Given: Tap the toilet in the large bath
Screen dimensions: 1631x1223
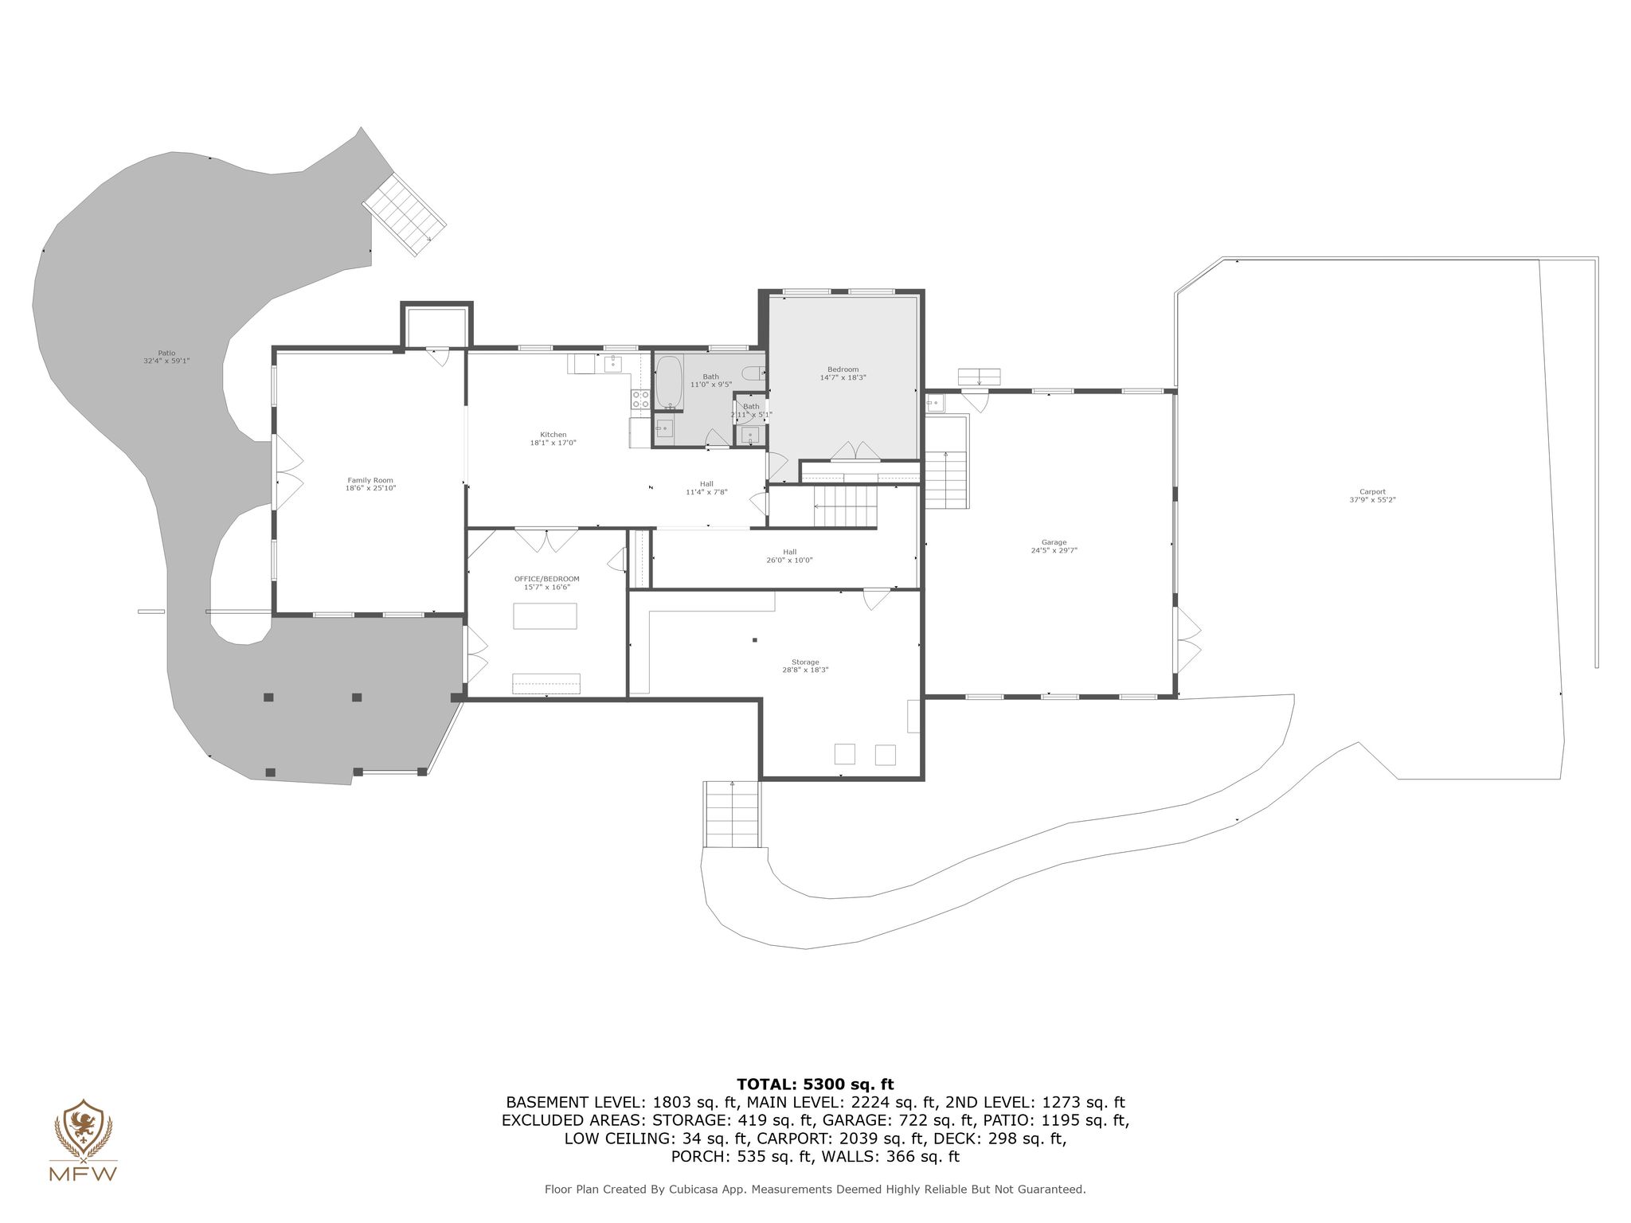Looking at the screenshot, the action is click(x=753, y=373).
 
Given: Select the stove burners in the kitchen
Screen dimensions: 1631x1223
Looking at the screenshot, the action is click(x=639, y=400).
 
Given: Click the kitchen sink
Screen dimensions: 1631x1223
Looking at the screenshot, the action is click(x=613, y=365).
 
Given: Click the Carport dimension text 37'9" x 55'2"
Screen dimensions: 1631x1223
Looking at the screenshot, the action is click(x=1372, y=500).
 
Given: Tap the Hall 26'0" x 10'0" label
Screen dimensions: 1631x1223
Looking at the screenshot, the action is click(x=789, y=556).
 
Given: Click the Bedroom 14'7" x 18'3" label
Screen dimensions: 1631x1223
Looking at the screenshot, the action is click(x=843, y=373).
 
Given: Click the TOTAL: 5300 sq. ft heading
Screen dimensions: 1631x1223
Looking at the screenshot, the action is click(x=815, y=1084).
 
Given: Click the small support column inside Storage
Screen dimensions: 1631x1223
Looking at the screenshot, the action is click(x=754, y=640).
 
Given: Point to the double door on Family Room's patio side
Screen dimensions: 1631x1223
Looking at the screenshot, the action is click(x=287, y=475).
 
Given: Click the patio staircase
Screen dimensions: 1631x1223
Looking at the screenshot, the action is click(x=405, y=214).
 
